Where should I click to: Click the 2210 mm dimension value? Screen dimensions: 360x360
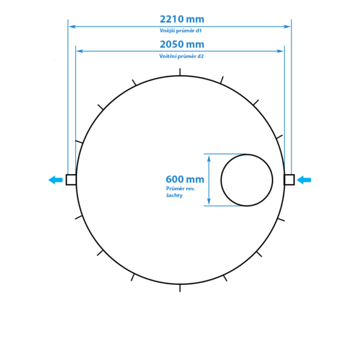coord(182,19)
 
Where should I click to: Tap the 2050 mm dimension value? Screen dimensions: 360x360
coord(182,44)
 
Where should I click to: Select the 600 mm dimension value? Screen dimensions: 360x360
coord(185,179)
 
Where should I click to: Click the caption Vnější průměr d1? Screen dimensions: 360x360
coord(181,31)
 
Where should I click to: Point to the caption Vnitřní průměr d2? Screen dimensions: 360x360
coord(181,56)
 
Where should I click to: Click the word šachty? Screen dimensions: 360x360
coord(174,196)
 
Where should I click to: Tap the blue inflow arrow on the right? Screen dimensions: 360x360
coord(304,180)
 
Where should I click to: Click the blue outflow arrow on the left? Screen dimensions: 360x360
coord(55,180)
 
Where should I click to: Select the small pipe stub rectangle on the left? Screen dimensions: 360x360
coord(71,179)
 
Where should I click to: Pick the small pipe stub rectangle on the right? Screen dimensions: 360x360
coord(289,179)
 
